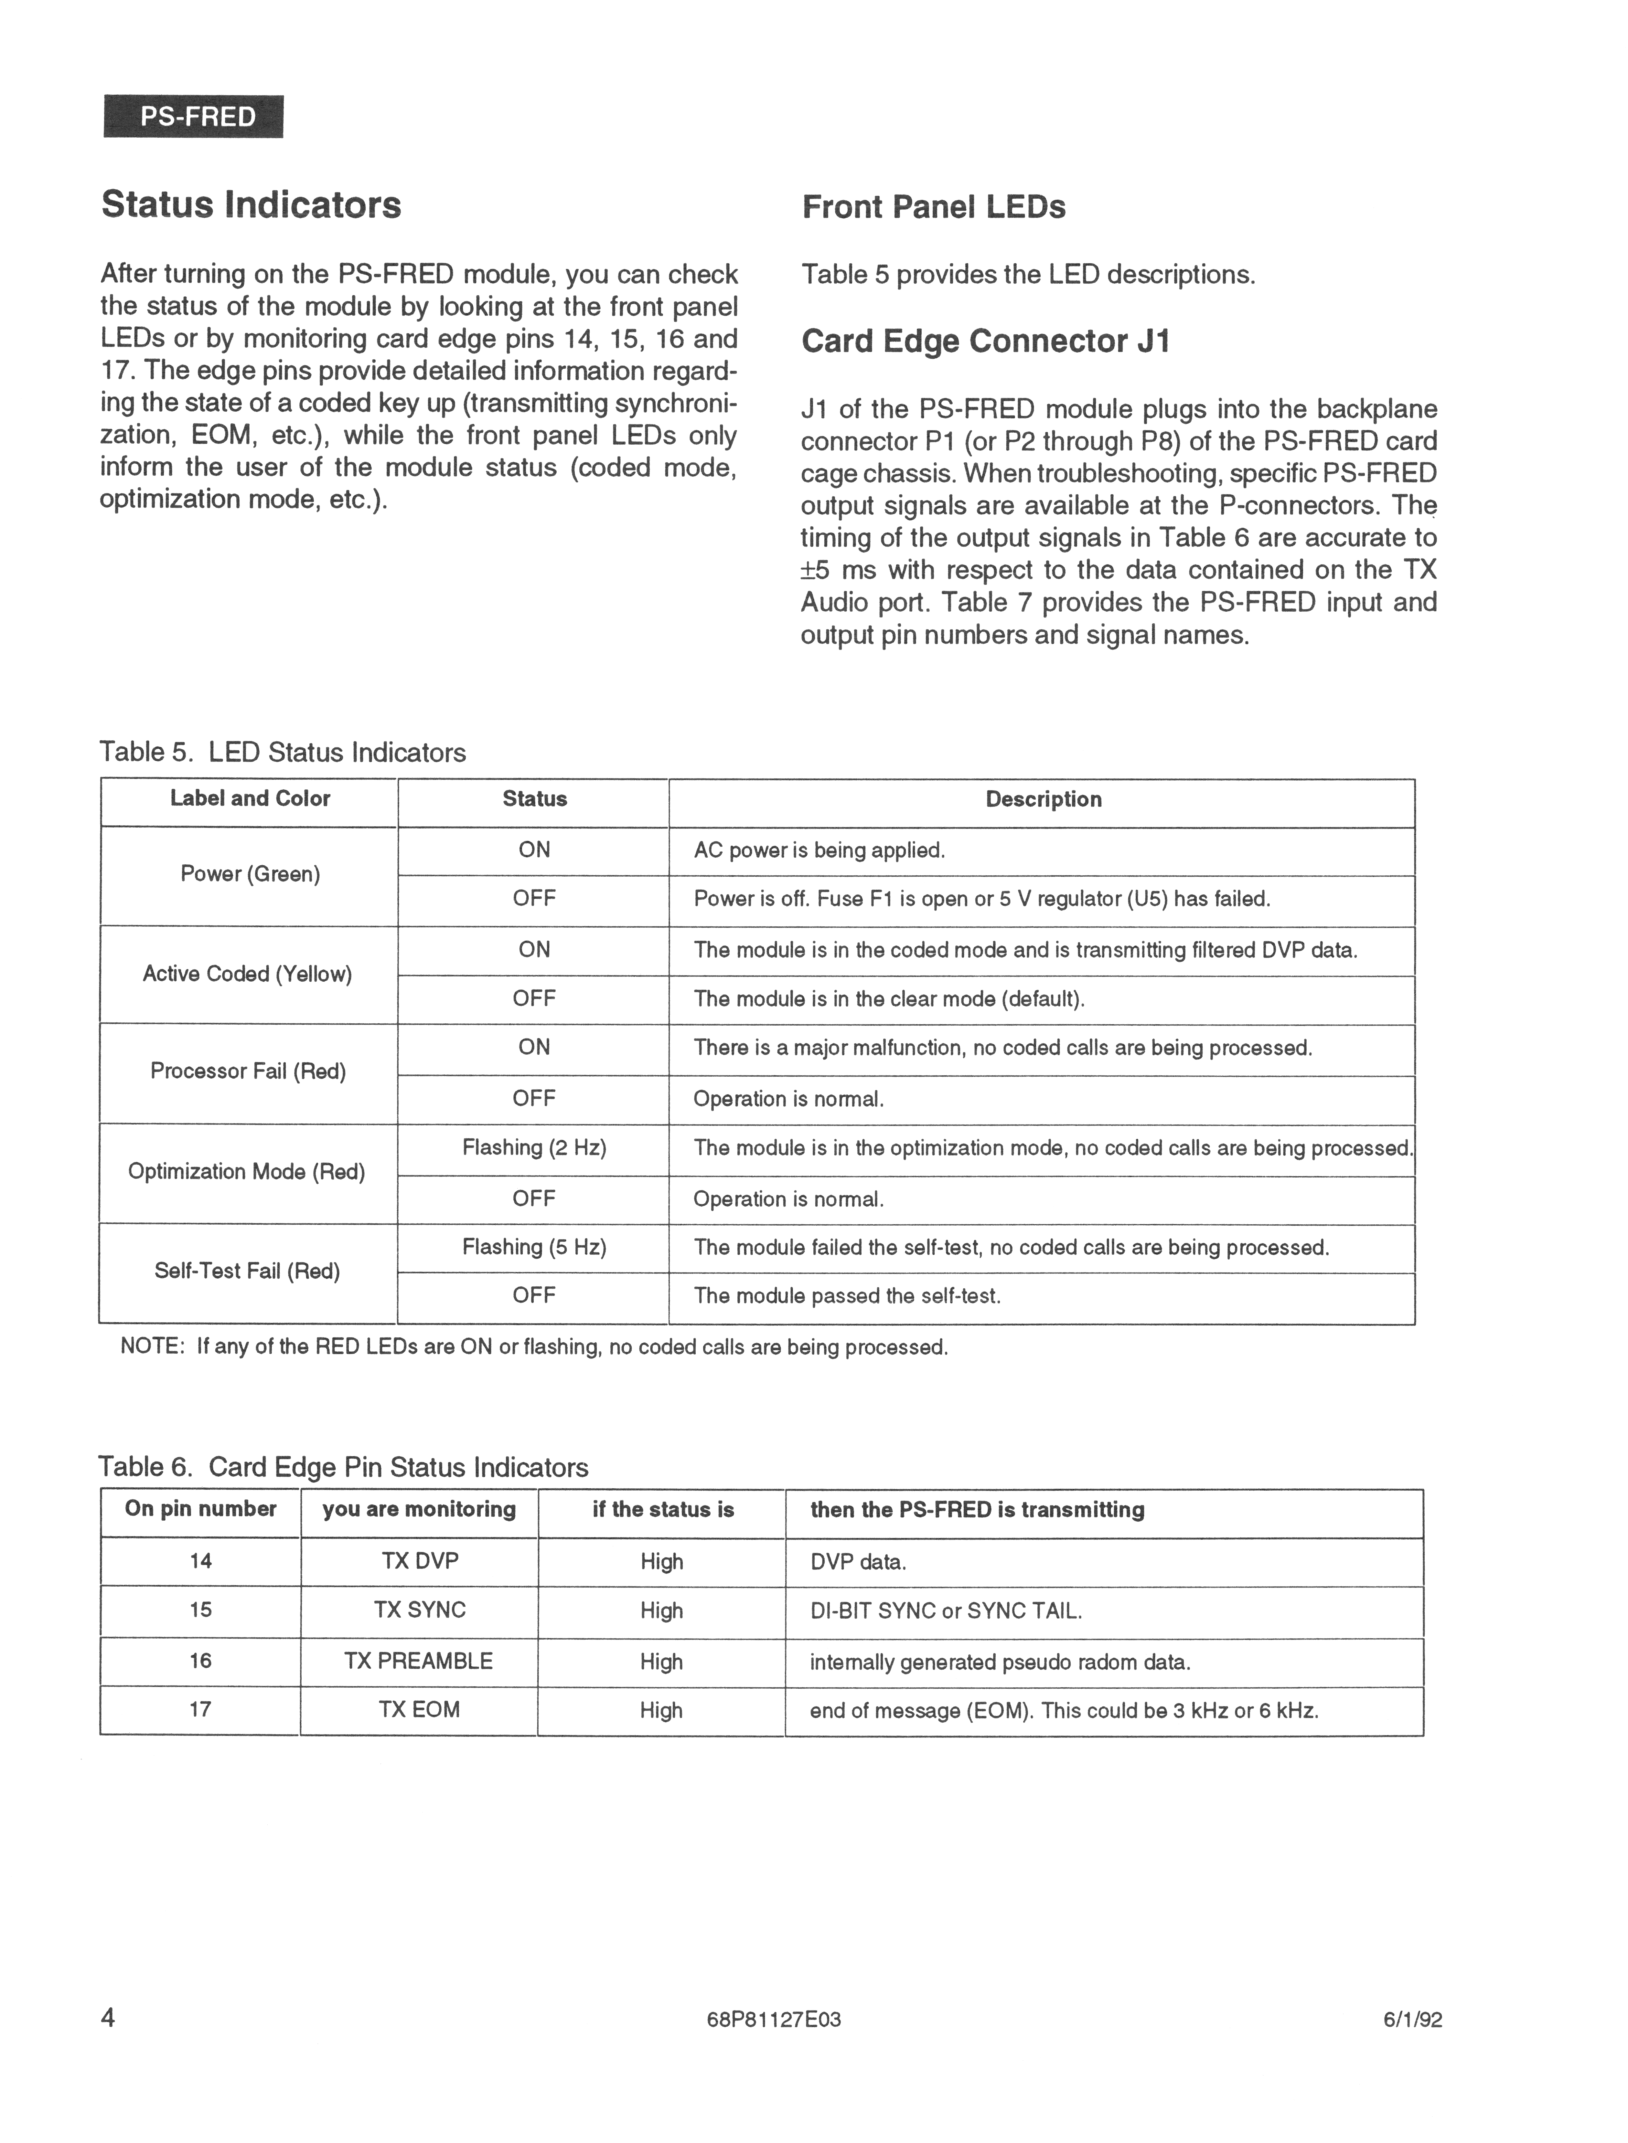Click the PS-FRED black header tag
tap(194, 117)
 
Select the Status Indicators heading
tap(251, 205)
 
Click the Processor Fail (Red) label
tap(248, 1071)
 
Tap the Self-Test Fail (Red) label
tap(247, 1271)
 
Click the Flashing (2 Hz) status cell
tap(534, 1148)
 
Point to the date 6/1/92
tap(1413, 2020)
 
